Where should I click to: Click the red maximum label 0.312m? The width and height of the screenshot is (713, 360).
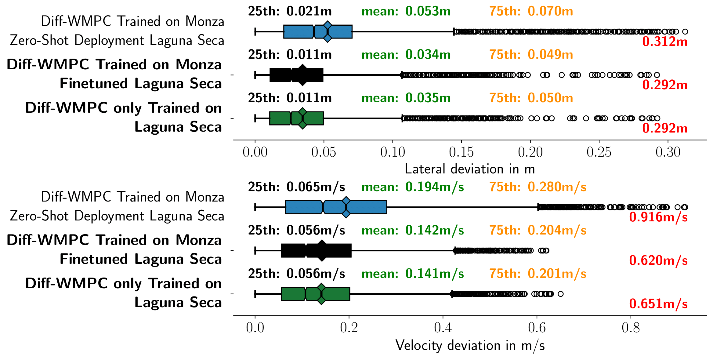coord(664,42)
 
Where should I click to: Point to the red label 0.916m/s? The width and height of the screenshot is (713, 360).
coord(658,217)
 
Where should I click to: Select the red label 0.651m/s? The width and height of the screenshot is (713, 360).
coord(658,304)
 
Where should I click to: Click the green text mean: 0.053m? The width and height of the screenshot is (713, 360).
coord(406,12)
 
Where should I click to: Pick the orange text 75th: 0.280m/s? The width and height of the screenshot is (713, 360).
coord(538,187)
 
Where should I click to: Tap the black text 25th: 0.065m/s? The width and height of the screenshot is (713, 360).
coord(296,187)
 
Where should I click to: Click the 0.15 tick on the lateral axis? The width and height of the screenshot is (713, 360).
coord(461,152)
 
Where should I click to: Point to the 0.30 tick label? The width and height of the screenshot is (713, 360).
coord(668,152)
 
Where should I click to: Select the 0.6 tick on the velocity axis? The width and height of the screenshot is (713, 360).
coord(537,328)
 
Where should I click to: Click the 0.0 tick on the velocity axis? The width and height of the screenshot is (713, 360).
coord(255,328)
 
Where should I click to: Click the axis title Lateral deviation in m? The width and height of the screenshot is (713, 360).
coord(470,169)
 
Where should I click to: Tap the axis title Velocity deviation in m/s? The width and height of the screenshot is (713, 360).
coord(470,346)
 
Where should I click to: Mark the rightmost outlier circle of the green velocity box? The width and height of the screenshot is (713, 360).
coord(560,294)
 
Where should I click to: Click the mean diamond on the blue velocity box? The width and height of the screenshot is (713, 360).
coord(346,207)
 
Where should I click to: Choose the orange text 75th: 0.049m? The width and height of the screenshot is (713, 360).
coord(531,55)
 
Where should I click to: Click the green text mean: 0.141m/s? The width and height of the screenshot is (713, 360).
coord(412,274)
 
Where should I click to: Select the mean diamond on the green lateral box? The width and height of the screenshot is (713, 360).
coord(302,118)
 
